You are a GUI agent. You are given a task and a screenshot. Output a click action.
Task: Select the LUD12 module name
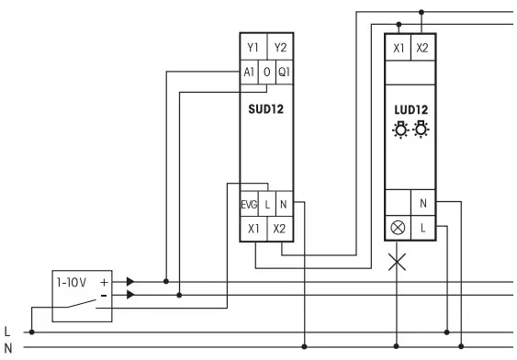(x=411, y=109)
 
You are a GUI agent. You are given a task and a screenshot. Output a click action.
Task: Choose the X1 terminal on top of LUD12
(x=399, y=48)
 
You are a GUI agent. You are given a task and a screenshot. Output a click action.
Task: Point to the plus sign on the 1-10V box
(x=104, y=283)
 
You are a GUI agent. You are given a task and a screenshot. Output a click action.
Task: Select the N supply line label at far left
(x=8, y=347)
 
